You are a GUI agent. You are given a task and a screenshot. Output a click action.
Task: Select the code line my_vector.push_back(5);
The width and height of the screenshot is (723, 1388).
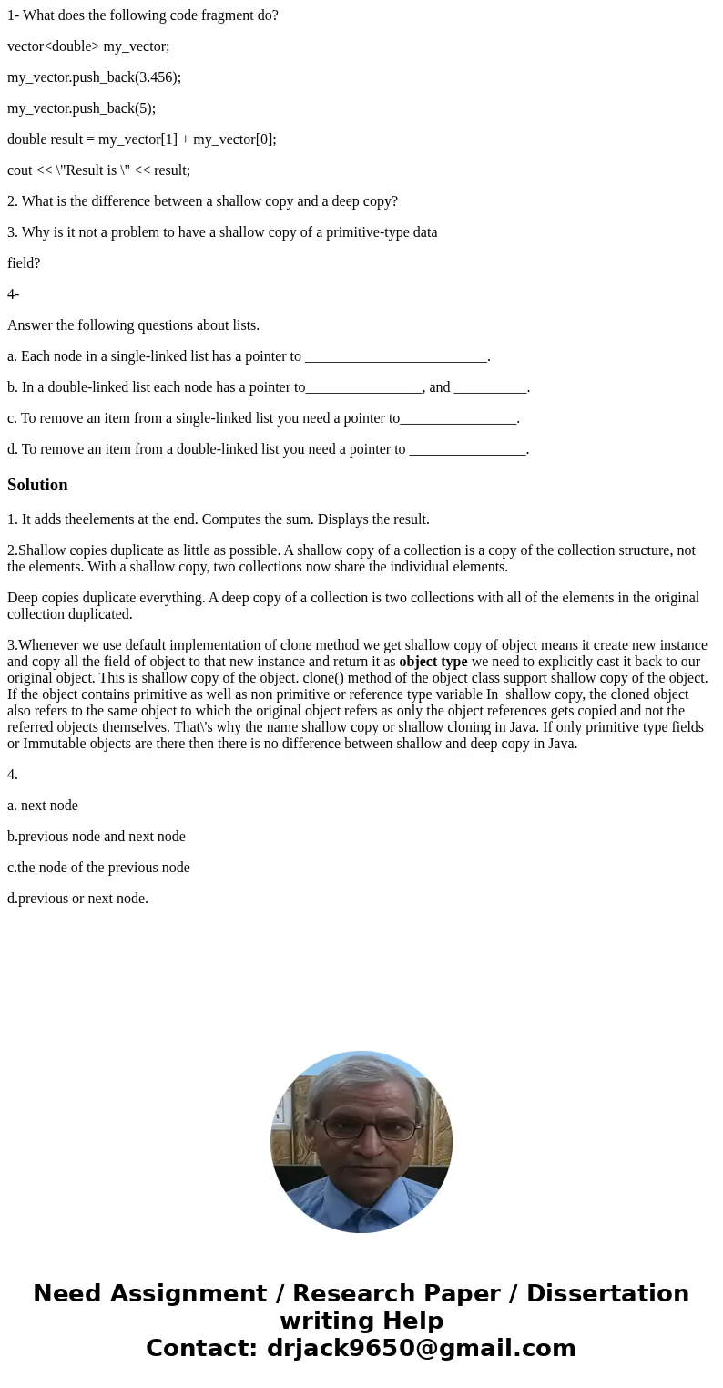81,108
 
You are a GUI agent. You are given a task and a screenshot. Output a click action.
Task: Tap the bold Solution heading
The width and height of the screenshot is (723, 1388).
37,485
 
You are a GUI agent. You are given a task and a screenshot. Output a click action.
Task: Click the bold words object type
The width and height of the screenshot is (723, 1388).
433,662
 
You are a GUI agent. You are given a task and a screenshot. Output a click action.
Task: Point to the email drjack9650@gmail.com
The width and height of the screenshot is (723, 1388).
421,1348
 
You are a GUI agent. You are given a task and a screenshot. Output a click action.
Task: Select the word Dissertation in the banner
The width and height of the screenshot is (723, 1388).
607,1293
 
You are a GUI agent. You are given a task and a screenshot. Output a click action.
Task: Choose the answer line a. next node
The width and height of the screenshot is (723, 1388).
43,806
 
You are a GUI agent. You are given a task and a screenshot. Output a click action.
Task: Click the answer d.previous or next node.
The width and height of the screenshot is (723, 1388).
77,899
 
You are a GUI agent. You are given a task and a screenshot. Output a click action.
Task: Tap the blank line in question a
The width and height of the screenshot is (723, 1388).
396,357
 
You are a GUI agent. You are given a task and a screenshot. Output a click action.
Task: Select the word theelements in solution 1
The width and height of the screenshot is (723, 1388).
91,519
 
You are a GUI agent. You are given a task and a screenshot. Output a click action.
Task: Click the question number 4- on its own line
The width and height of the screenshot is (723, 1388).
13,294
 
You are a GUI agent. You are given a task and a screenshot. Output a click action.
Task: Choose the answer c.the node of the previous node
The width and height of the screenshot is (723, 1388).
98,868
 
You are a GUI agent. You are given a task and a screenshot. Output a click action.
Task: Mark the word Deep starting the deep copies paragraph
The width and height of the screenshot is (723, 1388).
24,598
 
